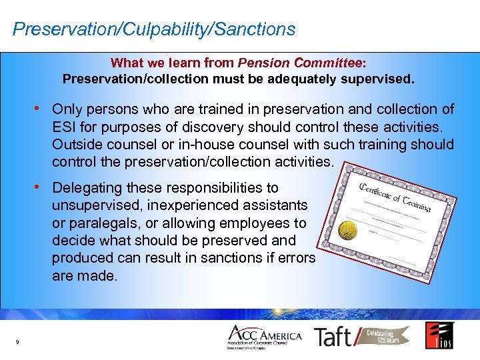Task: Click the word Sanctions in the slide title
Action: pos(256,29)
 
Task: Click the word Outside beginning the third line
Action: pos(77,144)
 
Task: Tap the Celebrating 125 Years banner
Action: pos(388,335)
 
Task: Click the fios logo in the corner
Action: pos(439,335)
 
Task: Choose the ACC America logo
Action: pos(265,337)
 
